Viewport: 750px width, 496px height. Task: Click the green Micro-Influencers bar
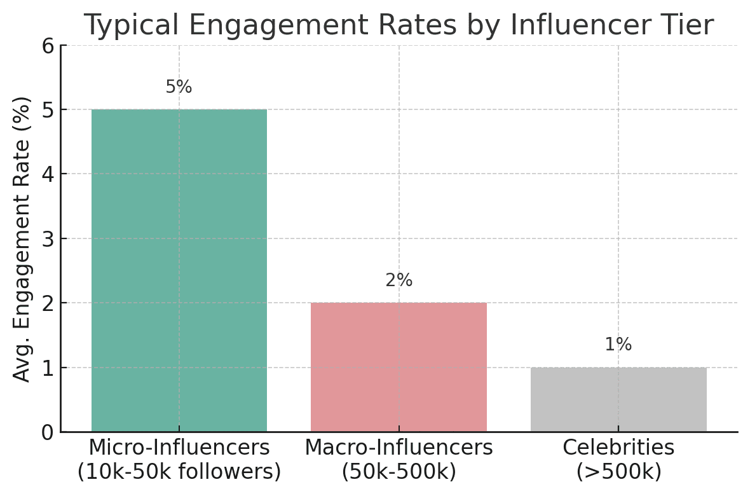click(179, 270)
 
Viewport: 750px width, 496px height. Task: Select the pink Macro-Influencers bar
click(399, 367)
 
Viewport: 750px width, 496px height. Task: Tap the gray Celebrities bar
click(618, 399)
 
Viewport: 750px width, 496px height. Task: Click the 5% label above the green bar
click(179, 87)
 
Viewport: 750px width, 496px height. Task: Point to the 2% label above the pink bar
click(399, 280)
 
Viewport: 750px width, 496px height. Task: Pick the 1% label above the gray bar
click(618, 345)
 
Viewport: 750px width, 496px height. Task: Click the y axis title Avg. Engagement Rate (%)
click(22, 238)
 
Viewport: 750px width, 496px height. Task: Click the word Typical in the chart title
click(130, 25)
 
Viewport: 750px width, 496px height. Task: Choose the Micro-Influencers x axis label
click(179, 448)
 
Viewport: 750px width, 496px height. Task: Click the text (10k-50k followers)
click(179, 471)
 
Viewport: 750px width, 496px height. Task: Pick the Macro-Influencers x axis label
click(399, 448)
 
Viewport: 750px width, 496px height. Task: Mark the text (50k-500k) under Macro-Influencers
click(399, 471)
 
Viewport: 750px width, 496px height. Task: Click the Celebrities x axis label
click(618, 448)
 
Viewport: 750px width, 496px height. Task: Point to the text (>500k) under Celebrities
click(618, 471)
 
